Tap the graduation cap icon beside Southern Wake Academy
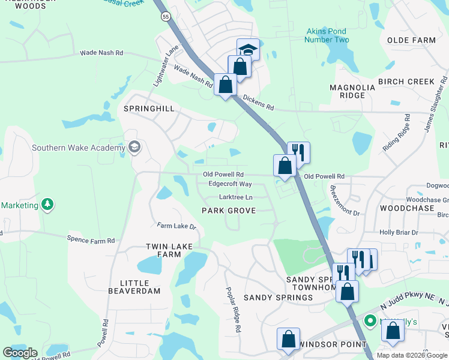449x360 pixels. (x=134, y=148)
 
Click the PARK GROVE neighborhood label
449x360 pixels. (x=229, y=211)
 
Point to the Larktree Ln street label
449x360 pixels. (x=236, y=197)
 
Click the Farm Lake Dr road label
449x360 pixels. (x=176, y=226)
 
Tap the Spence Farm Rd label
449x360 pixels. (x=91, y=241)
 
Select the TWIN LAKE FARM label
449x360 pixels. (x=163, y=250)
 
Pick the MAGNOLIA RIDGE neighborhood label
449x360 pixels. (x=352, y=91)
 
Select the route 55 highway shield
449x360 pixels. (x=165, y=17)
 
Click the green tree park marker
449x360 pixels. (x=47, y=205)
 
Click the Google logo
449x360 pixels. (x=20, y=353)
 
